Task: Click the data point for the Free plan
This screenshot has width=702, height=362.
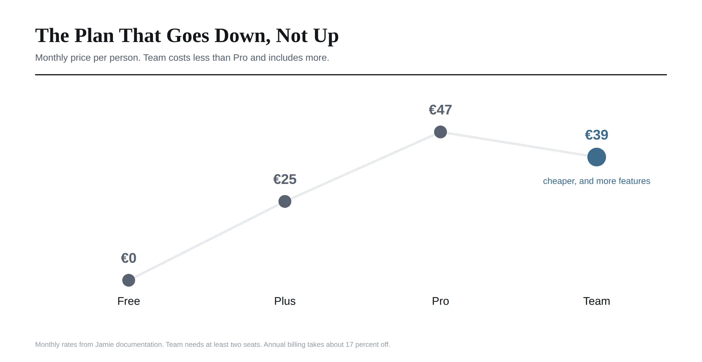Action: [x=129, y=280]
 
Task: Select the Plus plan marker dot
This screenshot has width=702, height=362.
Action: [x=285, y=201]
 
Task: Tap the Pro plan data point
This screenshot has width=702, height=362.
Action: [x=441, y=132]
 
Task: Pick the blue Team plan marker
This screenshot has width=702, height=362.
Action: [x=597, y=157]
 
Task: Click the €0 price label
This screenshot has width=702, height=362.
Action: [x=129, y=258]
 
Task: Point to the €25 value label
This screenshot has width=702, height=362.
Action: [x=285, y=179]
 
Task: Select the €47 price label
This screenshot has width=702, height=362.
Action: [x=441, y=110]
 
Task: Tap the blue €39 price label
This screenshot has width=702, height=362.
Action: [x=597, y=135]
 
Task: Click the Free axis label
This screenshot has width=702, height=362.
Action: [x=129, y=301]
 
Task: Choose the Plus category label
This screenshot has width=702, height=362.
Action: [x=285, y=301]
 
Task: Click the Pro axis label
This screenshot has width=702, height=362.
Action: [x=441, y=301]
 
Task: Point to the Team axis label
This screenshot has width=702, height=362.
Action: [x=597, y=301]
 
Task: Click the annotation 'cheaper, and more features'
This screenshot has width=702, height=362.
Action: [x=597, y=181]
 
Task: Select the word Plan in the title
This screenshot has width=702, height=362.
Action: [x=94, y=36]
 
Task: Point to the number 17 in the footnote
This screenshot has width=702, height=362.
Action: [x=349, y=344]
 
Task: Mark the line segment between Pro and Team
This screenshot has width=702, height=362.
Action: [x=519, y=145]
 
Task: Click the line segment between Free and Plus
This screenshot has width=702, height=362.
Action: [x=207, y=241]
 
